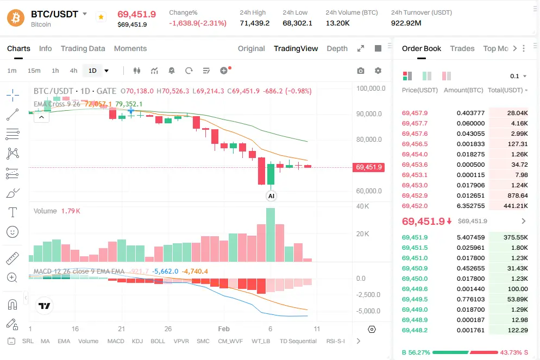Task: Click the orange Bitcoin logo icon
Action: click(16, 18)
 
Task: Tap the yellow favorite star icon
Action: click(101, 17)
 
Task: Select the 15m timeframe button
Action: click(34, 71)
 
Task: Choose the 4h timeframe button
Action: click(73, 71)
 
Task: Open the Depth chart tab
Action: click(337, 48)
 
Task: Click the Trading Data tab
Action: click(83, 48)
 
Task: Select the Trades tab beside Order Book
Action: click(462, 48)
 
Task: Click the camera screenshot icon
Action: click(361, 71)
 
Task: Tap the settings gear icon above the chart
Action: click(378, 71)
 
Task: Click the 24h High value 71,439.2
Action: click(254, 23)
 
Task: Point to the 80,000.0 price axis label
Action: click(370, 140)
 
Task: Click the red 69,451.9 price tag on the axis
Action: click(369, 167)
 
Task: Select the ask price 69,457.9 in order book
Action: click(415, 113)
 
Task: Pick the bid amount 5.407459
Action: click(470, 237)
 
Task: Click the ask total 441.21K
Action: click(516, 206)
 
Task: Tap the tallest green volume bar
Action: click(270, 235)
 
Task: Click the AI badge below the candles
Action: click(271, 195)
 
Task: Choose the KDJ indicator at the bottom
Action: click(137, 341)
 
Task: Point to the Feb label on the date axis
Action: click(223, 329)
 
